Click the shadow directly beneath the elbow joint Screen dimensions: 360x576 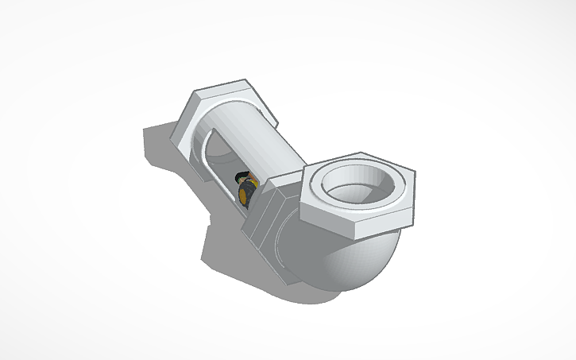pos(262,286)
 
